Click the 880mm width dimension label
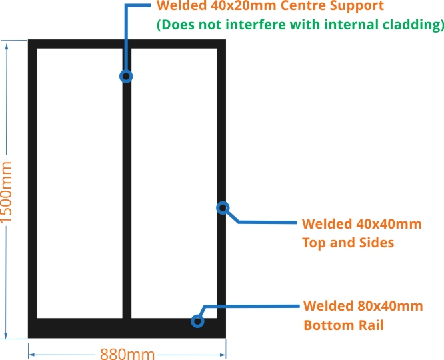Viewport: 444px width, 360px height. [x=127, y=353]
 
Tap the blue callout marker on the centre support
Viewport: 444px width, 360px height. [x=126, y=76]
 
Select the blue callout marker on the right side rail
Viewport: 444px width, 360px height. [x=223, y=207]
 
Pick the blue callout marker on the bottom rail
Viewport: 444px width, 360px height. [x=197, y=321]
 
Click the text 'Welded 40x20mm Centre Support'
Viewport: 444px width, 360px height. [x=269, y=7]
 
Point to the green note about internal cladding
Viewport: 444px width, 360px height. [x=300, y=25]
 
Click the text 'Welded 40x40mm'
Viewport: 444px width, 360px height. [x=361, y=224]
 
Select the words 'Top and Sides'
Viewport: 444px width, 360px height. [x=348, y=242]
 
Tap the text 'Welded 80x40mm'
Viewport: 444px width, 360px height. [x=363, y=306]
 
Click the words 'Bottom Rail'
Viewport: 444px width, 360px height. [x=343, y=325]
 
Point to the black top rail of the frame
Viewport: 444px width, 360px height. [x=127, y=44]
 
